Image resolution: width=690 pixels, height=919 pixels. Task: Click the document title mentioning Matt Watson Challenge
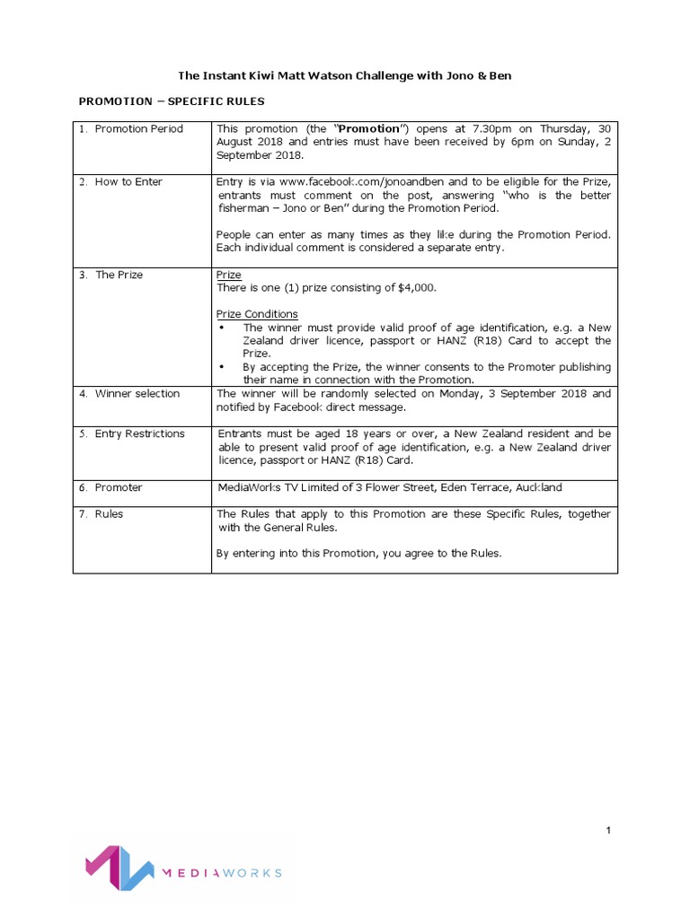point(344,75)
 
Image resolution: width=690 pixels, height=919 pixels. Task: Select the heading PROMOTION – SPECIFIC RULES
point(172,101)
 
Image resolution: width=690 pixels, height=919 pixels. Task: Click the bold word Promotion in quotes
point(367,129)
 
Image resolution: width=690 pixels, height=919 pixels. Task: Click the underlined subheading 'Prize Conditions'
point(257,314)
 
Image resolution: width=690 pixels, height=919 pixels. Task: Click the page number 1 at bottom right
point(608,831)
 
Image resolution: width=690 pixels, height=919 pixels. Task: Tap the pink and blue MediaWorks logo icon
point(114,867)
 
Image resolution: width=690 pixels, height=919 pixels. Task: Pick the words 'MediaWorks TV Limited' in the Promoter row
point(275,487)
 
